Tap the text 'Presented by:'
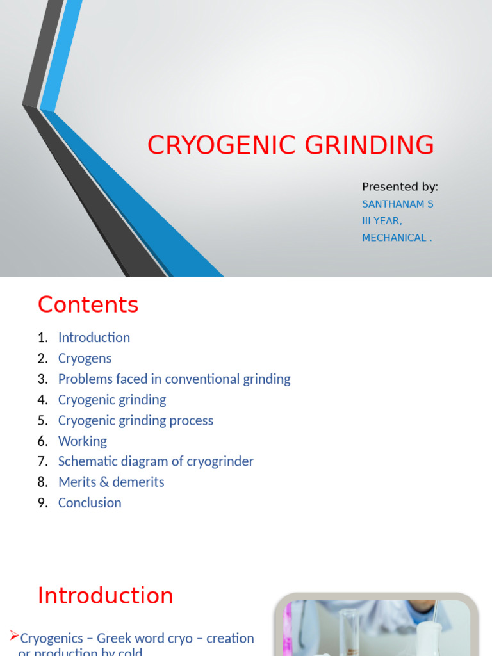pyautogui.click(x=400, y=186)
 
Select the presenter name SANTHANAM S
pyautogui.click(x=397, y=204)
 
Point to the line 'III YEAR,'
pyautogui.click(x=382, y=220)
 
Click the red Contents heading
pyautogui.click(x=88, y=304)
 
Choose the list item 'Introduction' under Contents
pyautogui.click(x=94, y=338)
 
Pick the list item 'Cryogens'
pyautogui.click(x=85, y=358)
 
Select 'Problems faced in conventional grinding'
pyautogui.click(x=174, y=379)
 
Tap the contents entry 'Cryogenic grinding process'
pyautogui.click(x=135, y=420)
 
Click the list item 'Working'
pyautogui.click(x=82, y=441)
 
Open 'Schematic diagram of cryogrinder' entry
pyautogui.click(x=156, y=461)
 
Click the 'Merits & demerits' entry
pyautogui.click(x=111, y=482)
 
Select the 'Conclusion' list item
pyautogui.click(x=90, y=502)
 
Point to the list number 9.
pyautogui.click(x=42, y=502)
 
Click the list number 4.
pyautogui.click(x=42, y=400)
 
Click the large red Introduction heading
pyautogui.click(x=105, y=595)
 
